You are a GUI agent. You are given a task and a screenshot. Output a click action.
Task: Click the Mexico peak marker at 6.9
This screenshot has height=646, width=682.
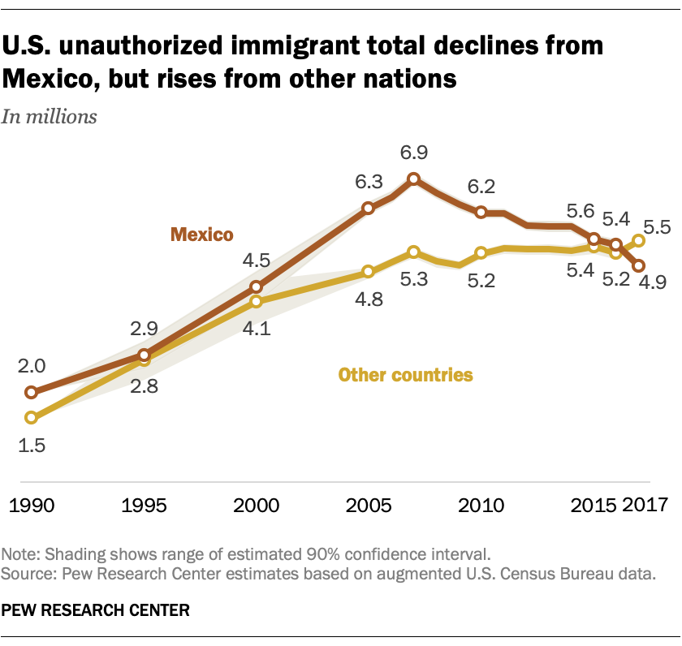pos(413,179)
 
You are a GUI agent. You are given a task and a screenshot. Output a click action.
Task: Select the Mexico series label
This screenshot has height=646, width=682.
pos(201,235)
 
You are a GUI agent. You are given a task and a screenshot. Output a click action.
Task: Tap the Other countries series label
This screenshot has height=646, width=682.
pos(405,375)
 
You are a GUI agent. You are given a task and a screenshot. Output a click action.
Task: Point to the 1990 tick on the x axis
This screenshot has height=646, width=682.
pos(32,505)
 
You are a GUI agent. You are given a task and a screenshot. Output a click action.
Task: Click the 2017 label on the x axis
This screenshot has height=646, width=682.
pos(645,505)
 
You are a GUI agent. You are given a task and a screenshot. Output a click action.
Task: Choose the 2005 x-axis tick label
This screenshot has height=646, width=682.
pos(369,505)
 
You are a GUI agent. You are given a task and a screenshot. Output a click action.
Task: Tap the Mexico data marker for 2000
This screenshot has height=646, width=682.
pos(257,286)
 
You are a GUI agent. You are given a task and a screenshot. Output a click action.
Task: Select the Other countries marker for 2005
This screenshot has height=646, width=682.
pos(369,272)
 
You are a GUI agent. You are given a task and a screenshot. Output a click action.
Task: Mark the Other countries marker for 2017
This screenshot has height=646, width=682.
pos(639,240)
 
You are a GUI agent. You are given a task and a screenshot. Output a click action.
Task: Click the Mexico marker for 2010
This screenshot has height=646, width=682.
pos(481,212)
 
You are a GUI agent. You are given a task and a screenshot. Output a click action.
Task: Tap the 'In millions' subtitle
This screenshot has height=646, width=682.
pos(50,116)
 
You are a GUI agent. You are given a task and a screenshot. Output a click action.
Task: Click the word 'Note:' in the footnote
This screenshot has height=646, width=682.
pos(22,555)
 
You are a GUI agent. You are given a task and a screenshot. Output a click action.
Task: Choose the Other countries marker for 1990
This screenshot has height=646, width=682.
pos(32,418)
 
